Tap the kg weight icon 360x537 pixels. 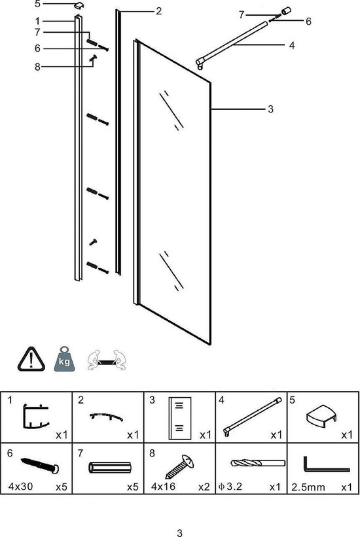[x=63, y=359]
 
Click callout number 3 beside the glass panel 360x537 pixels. [x=270, y=110]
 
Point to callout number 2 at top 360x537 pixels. [x=158, y=11]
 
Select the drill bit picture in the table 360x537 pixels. [x=251, y=464]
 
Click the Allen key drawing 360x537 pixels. [x=323, y=466]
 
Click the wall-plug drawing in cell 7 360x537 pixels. [x=109, y=468]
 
